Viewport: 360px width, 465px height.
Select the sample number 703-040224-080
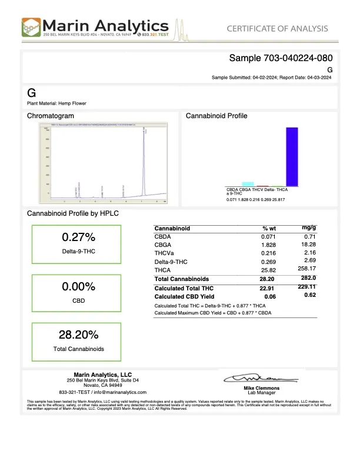coord(281,58)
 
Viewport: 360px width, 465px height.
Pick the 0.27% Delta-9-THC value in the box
coord(78,237)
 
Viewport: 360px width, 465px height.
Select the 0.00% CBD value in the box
coord(78,287)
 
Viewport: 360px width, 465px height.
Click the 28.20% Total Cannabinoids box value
coord(78,335)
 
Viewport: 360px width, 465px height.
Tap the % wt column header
coord(269,228)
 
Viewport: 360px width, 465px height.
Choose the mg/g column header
coord(309,227)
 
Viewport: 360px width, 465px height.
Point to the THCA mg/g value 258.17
coord(307,269)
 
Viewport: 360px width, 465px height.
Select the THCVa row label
coord(164,252)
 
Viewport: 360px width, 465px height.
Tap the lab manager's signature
coord(259,377)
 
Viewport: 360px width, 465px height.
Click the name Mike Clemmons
coord(262,389)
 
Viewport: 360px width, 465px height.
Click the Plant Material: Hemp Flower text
coord(57,103)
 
